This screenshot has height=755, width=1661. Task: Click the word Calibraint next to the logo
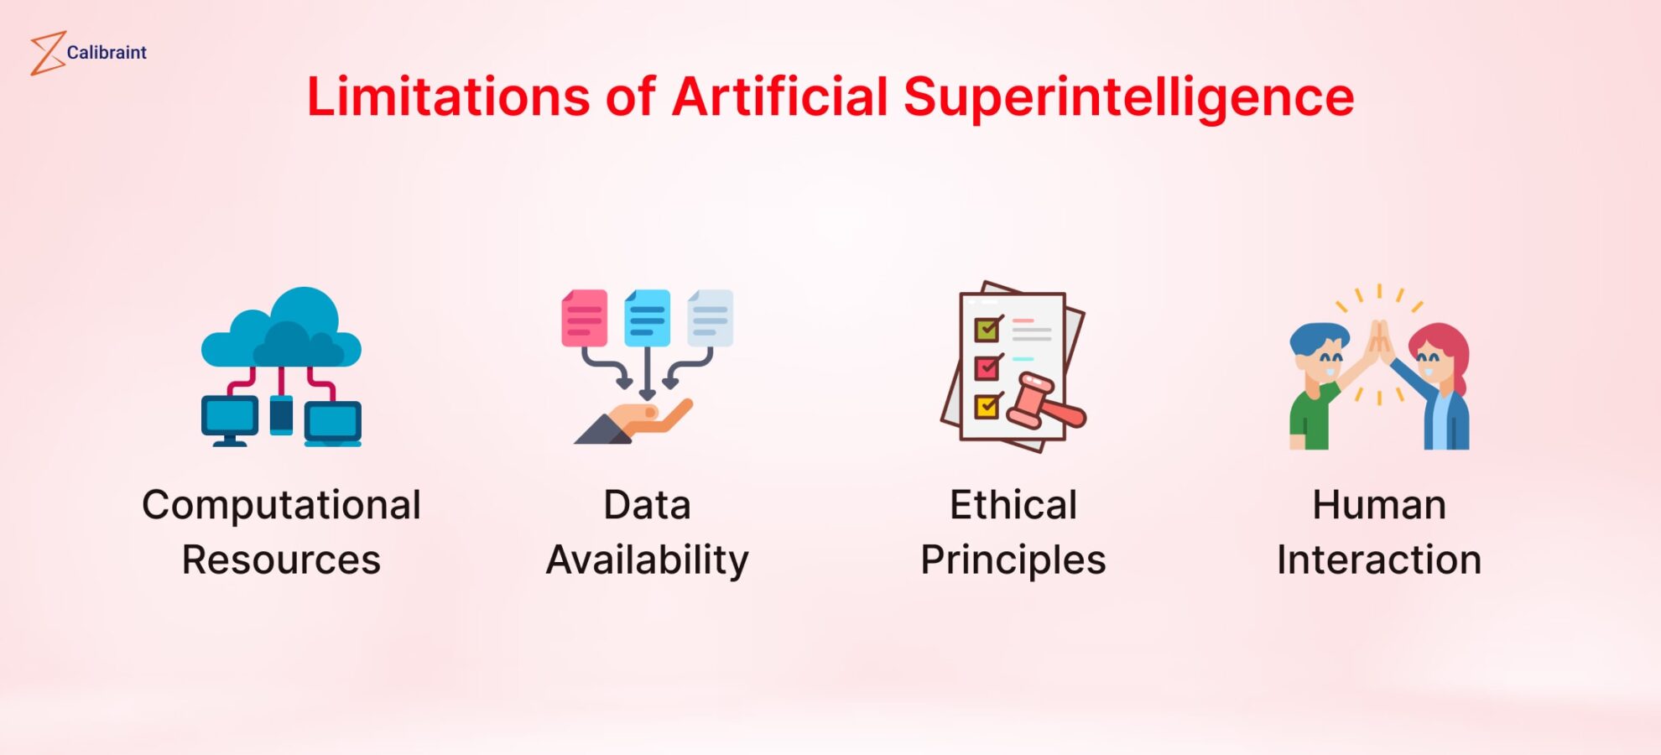107,53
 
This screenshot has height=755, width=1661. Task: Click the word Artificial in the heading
779,96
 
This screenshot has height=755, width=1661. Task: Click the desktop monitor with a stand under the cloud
229,419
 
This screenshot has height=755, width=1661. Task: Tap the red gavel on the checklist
1044,403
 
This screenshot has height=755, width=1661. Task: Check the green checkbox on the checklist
987,330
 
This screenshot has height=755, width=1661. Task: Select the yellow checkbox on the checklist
987,407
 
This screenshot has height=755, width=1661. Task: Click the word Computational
281,506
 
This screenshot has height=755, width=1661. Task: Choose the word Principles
1013,560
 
